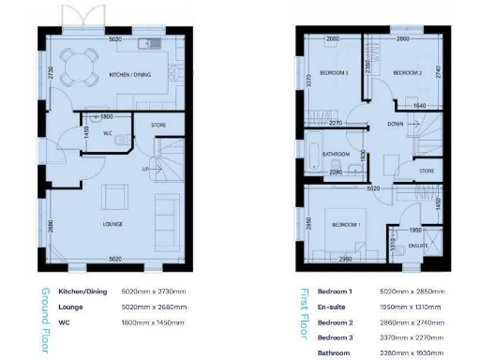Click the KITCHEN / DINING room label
[128, 73]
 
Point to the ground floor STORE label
[158, 123]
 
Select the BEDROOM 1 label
[343, 225]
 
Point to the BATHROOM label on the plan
[337, 154]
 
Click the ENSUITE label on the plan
[417, 247]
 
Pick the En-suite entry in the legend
[332, 307]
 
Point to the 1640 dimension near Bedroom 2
[420, 106]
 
